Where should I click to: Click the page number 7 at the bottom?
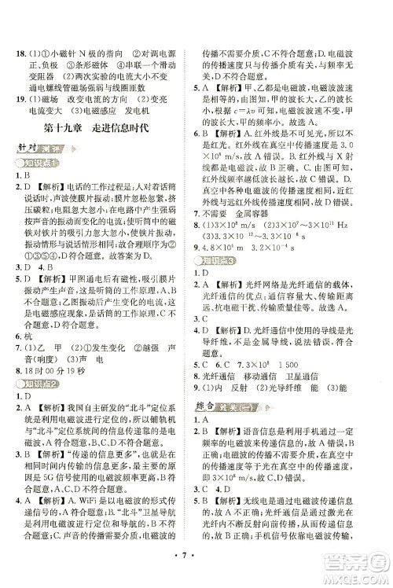196,570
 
